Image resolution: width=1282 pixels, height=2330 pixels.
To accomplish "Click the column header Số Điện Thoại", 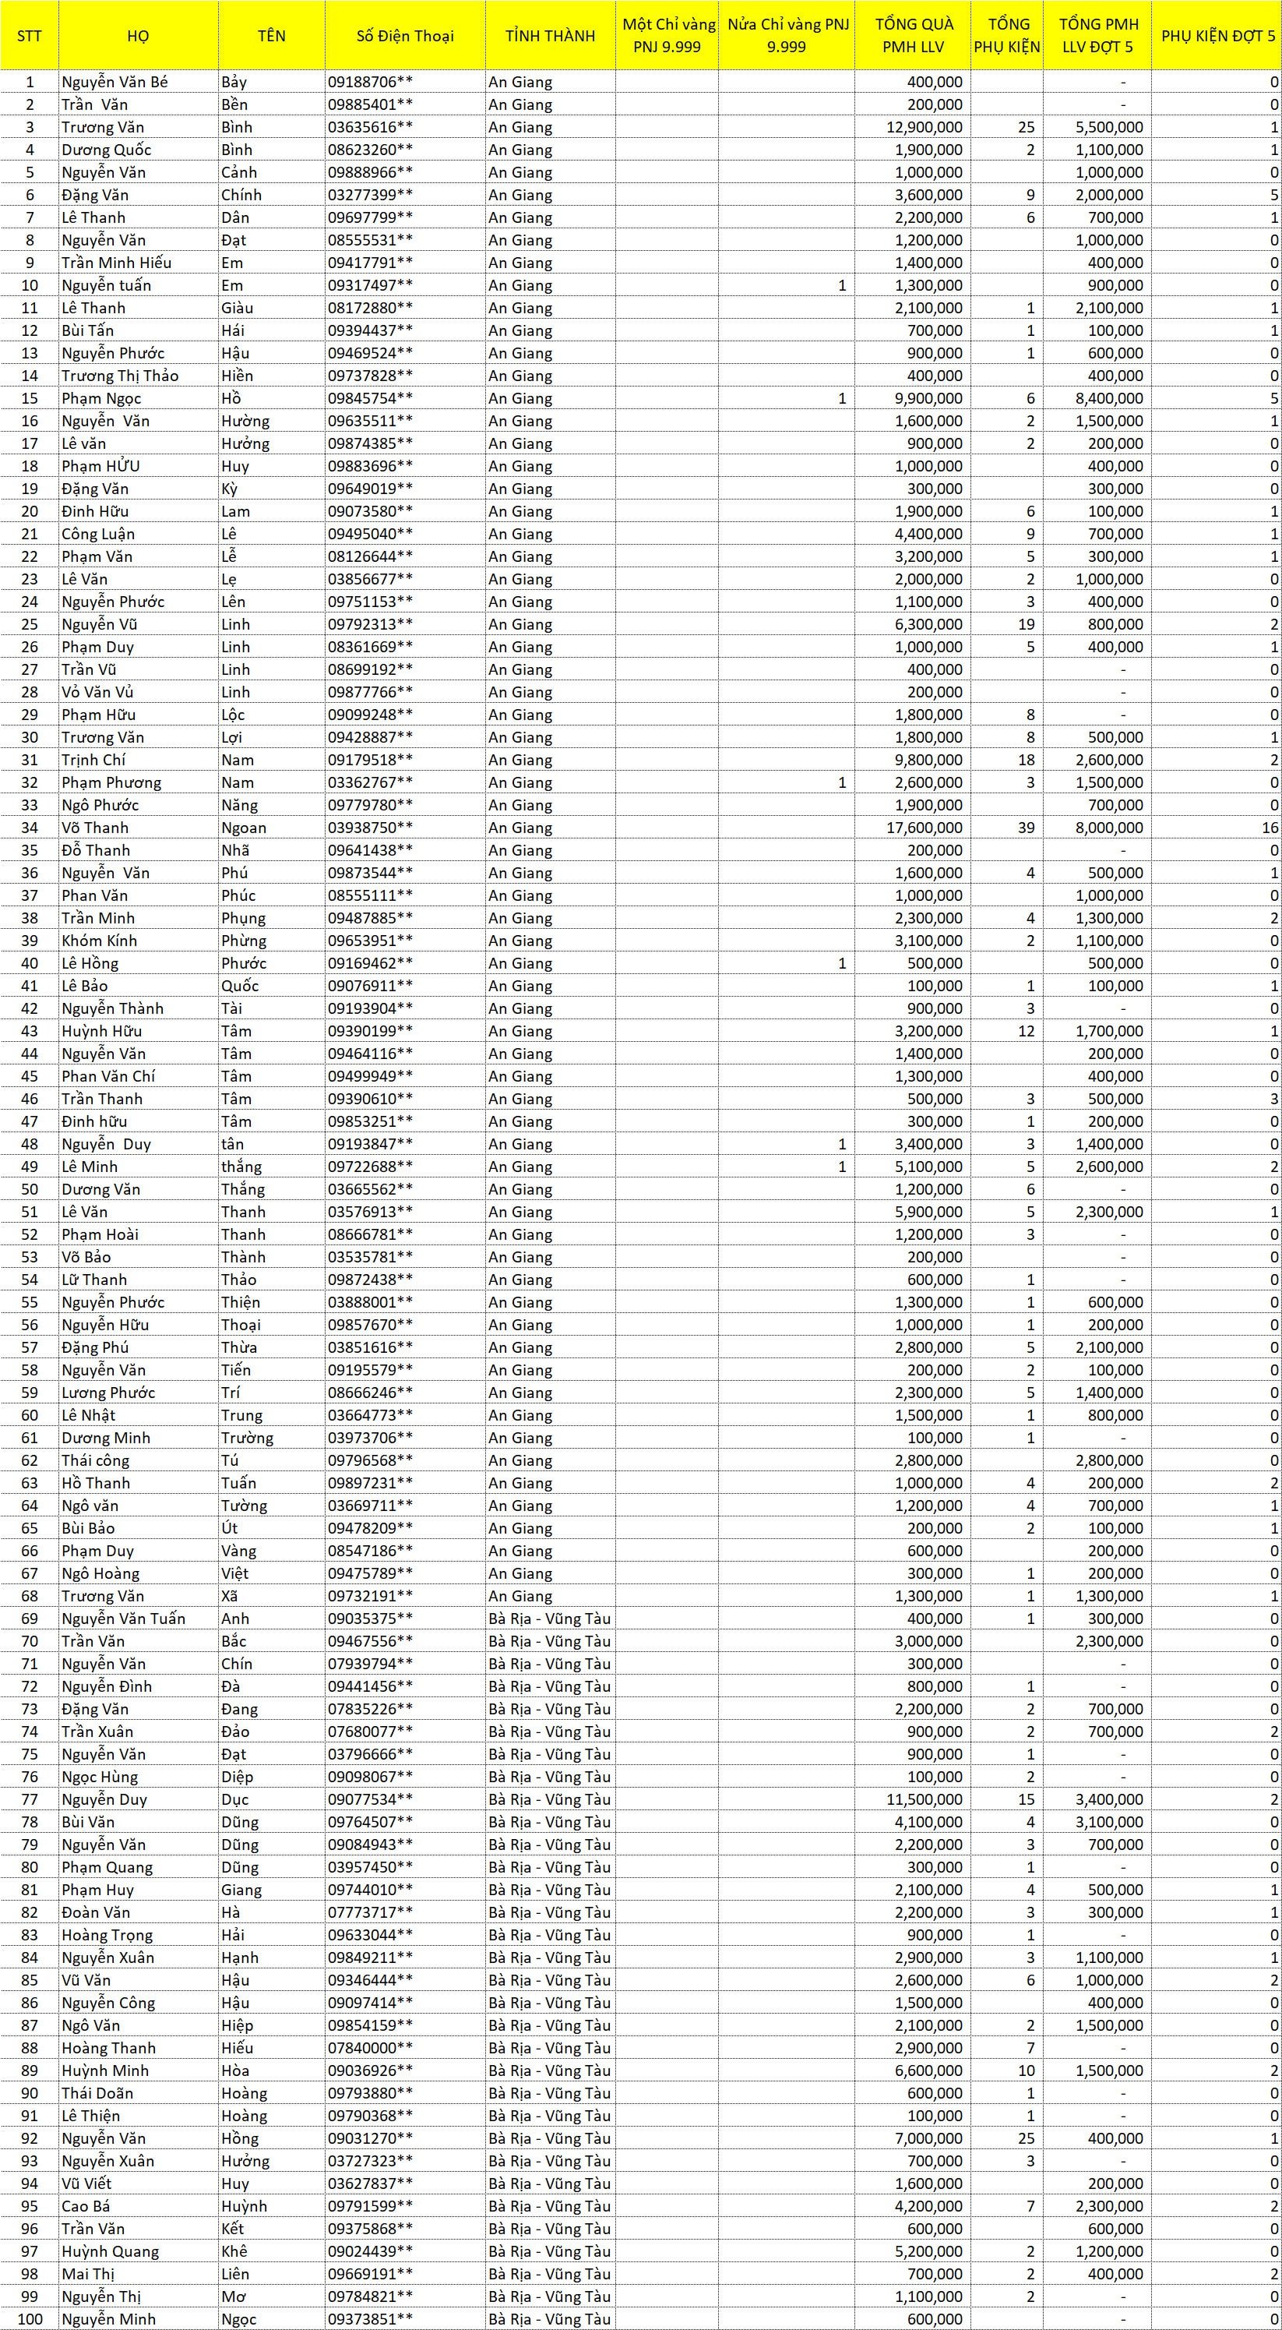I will (x=404, y=36).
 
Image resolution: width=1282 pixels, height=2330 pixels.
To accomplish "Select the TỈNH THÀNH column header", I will (x=550, y=36).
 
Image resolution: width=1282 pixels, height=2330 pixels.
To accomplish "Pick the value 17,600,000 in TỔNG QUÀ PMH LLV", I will (x=924, y=828).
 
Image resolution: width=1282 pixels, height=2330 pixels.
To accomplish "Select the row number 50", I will (x=30, y=1189).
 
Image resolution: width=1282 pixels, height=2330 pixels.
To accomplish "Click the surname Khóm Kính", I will (x=100, y=941).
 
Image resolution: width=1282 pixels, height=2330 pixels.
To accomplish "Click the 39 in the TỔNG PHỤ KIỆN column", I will (x=1025, y=828).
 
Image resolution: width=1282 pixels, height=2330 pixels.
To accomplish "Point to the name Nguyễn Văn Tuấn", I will (x=124, y=1619).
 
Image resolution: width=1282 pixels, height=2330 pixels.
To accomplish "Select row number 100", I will (x=30, y=2319).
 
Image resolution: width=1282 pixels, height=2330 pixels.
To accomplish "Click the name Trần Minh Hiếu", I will (x=117, y=263).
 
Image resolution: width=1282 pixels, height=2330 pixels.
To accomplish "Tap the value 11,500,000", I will (x=924, y=1799).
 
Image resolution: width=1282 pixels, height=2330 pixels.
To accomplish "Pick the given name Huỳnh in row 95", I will (x=244, y=2206).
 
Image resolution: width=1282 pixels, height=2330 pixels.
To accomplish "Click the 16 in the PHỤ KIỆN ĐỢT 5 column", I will (x=1270, y=828).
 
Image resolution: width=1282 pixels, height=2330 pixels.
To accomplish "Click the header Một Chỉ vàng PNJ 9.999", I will (x=668, y=36).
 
